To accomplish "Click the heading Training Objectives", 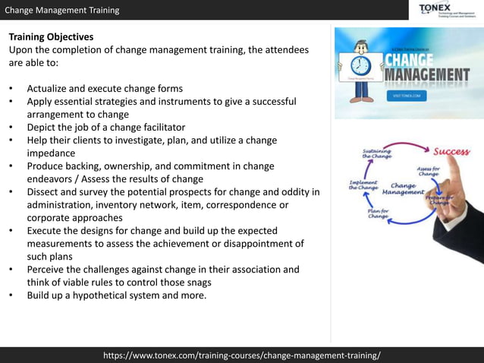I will [51, 36].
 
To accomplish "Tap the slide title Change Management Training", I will [61, 10].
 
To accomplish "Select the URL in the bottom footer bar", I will [242, 355].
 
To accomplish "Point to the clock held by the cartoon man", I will [361, 65].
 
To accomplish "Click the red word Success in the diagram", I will [451, 152].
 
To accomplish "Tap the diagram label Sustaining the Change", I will [376, 154].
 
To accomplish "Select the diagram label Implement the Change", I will [363, 185].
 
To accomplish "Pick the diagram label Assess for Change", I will [429, 171].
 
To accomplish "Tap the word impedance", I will [52, 153].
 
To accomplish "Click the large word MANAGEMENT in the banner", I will [426, 75].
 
